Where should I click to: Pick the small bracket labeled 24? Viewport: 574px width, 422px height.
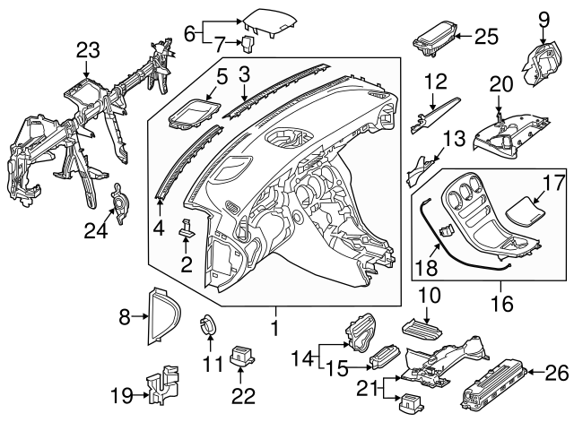[x=117, y=205]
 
